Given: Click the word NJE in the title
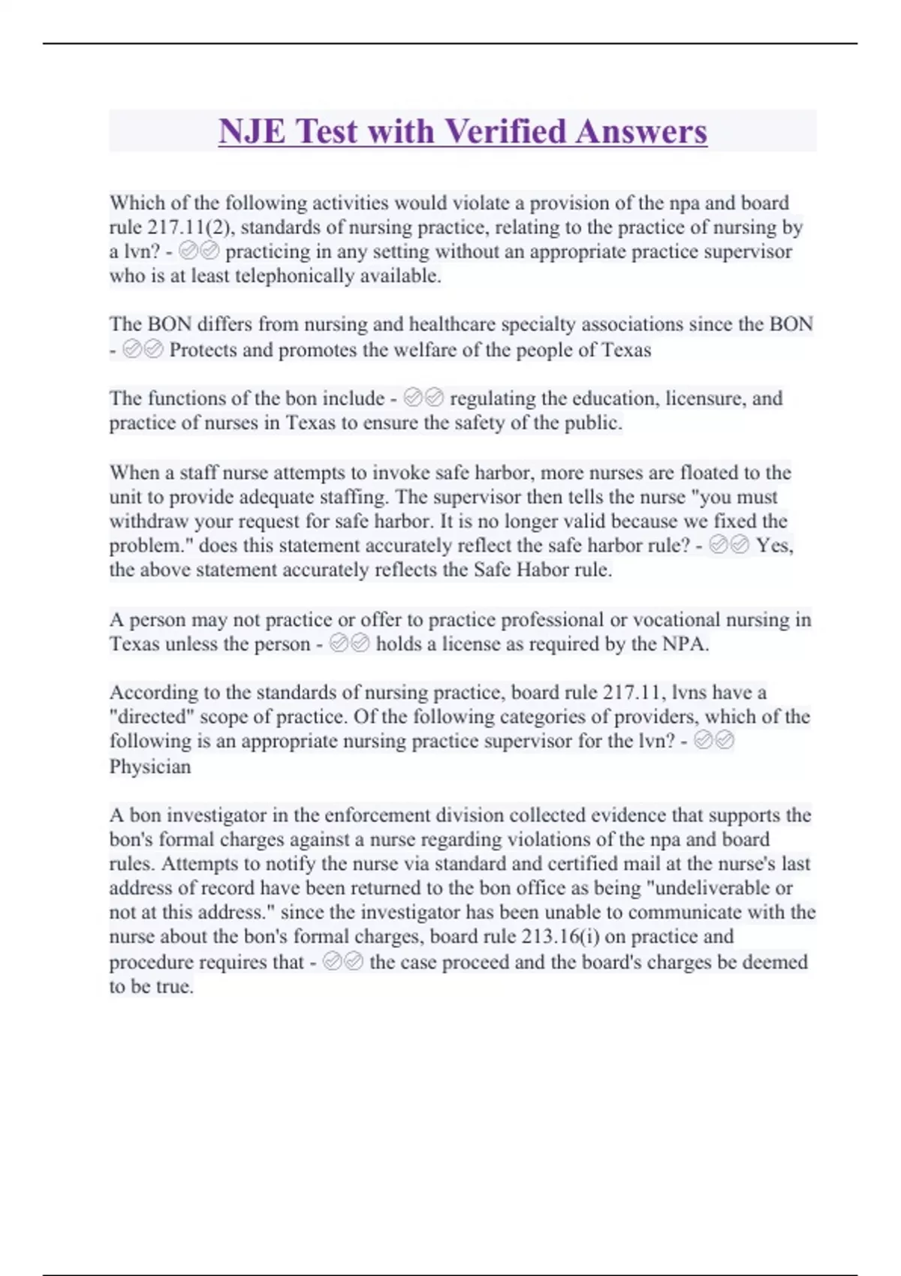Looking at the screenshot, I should pyautogui.click(x=252, y=131).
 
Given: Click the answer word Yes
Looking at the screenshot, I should pyautogui.click(x=774, y=546).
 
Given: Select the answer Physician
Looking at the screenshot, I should pyautogui.click(x=150, y=766).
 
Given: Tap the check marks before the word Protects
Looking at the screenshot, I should pyautogui.click(x=143, y=349).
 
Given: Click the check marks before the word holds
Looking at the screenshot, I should pyautogui.click(x=350, y=643).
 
